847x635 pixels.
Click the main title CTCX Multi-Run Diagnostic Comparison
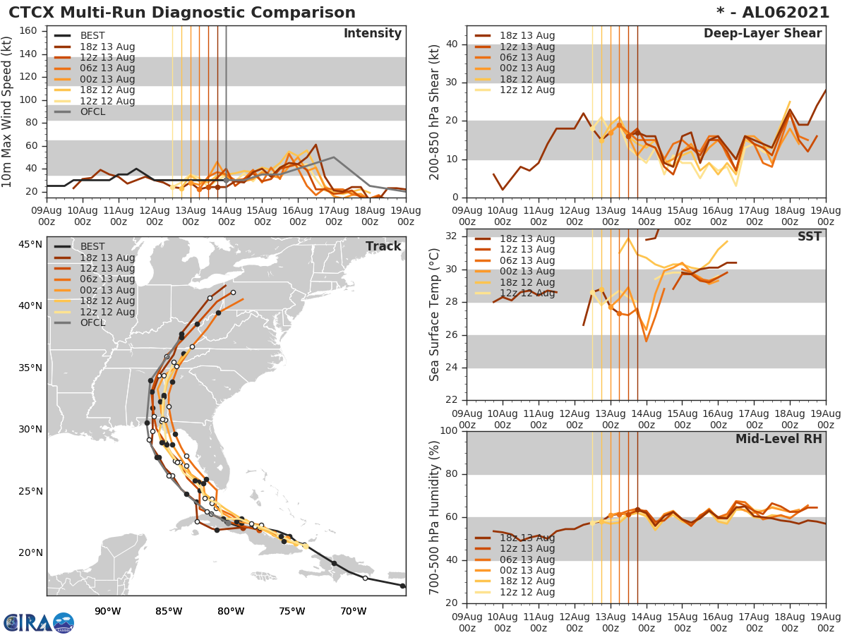pyautogui.click(x=182, y=13)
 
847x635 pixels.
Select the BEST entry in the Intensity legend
pyautogui.click(x=92, y=36)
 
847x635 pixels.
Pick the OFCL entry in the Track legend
pyautogui.click(x=92, y=323)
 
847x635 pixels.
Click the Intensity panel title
pyautogui.click(x=373, y=34)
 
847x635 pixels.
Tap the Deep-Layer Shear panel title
pyautogui.click(x=762, y=34)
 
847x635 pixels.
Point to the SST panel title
pyautogui.click(x=809, y=237)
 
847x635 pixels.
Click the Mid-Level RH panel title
pyautogui.click(x=779, y=440)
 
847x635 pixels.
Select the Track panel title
pyautogui.click(x=383, y=246)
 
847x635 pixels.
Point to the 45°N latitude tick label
pyautogui.click(x=30, y=244)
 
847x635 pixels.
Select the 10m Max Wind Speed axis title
pyautogui.click(x=8, y=111)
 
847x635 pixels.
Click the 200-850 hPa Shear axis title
pyautogui.click(x=435, y=111)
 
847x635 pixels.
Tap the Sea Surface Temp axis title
pyautogui.click(x=435, y=314)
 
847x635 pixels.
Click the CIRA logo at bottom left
pyautogui.click(x=39, y=622)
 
